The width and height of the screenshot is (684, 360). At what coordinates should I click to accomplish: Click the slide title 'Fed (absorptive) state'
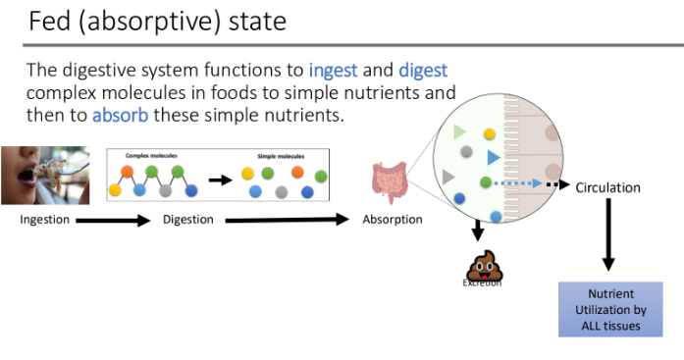[x=157, y=21]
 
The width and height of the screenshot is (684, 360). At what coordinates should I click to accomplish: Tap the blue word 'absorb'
[x=119, y=116]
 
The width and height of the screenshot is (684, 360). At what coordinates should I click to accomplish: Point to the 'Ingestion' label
[x=45, y=220]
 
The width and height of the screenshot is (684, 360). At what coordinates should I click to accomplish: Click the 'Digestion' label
[x=188, y=220]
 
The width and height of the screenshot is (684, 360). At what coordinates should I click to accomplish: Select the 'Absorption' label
[x=393, y=220]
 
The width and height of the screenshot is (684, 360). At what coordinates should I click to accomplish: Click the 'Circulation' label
[x=607, y=187]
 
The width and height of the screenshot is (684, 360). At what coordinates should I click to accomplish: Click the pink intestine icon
[x=389, y=183]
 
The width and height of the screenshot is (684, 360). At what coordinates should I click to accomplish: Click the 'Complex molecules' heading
[x=148, y=156]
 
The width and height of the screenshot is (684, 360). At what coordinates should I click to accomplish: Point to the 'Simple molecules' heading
[x=279, y=156]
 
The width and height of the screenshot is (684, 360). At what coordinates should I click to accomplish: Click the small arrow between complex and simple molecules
[x=220, y=180]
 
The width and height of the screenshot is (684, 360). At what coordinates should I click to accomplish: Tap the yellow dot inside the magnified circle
[x=490, y=132]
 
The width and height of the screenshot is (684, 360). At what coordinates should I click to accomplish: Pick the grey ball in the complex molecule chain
[x=165, y=190]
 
